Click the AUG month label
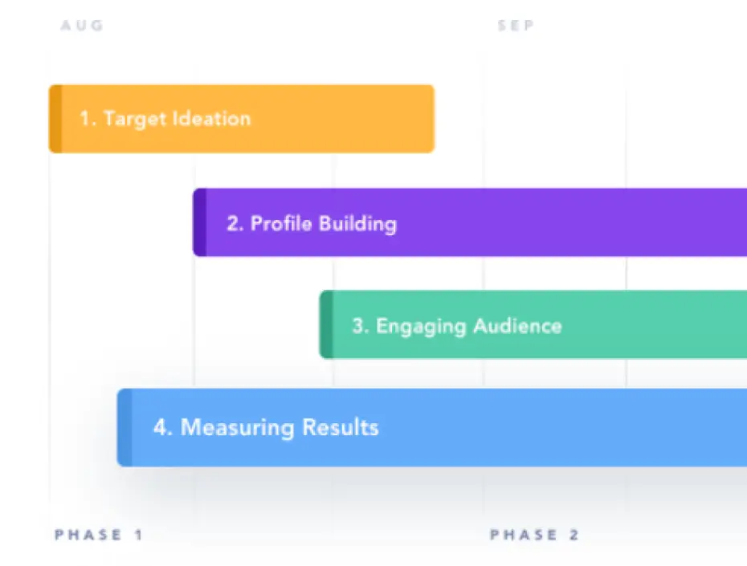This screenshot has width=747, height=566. [x=82, y=26]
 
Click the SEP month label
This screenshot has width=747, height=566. [x=516, y=26]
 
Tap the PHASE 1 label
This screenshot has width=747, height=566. [x=99, y=535]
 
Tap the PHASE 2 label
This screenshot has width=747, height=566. [x=534, y=535]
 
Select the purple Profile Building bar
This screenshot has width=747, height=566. [x=562, y=222]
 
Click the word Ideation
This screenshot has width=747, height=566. [x=211, y=119]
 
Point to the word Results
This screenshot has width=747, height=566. [x=340, y=427]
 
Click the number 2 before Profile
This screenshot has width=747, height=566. [x=233, y=222]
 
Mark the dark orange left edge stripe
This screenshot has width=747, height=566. [x=55, y=119]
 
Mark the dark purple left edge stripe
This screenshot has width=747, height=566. [x=199, y=222]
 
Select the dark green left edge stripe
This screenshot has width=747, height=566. [x=326, y=325]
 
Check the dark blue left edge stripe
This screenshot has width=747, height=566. [x=124, y=427]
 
